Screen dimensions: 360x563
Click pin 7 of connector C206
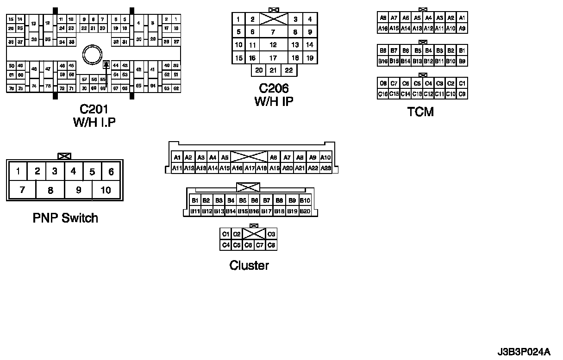click(273, 32)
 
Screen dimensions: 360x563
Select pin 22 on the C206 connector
click(289, 70)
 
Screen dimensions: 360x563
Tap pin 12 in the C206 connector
click(273, 45)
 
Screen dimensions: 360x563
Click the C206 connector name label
click(274, 88)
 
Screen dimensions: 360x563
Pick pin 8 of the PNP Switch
click(50, 190)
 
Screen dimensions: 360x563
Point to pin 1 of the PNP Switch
click(18, 172)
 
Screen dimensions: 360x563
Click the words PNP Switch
click(65, 217)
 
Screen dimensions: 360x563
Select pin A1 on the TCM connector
click(462, 18)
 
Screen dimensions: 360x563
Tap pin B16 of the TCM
click(382, 61)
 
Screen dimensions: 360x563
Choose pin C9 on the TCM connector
click(462, 94)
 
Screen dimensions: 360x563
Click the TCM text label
click(420, 112)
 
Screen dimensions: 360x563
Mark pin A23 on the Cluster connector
click(325, 168)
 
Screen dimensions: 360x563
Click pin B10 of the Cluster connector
click(305, 201)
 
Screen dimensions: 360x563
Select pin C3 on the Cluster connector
click(271, 234)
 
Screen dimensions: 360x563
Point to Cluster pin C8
click(271, 245)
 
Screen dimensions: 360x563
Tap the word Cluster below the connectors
click(249, 265)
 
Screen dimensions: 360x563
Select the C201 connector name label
click(94, 109)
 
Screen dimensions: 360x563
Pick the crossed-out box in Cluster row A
click(249, 157)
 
